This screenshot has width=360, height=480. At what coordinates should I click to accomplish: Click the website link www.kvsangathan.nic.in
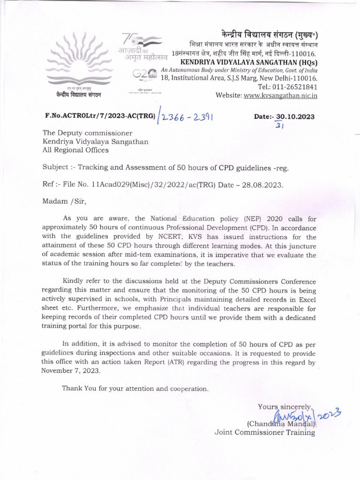(280, 96)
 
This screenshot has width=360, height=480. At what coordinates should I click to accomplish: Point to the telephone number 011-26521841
(294, 87)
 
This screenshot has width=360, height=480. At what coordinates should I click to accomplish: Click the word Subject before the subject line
(55, 167)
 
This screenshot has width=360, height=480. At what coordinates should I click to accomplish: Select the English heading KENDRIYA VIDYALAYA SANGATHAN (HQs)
(249, 62)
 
